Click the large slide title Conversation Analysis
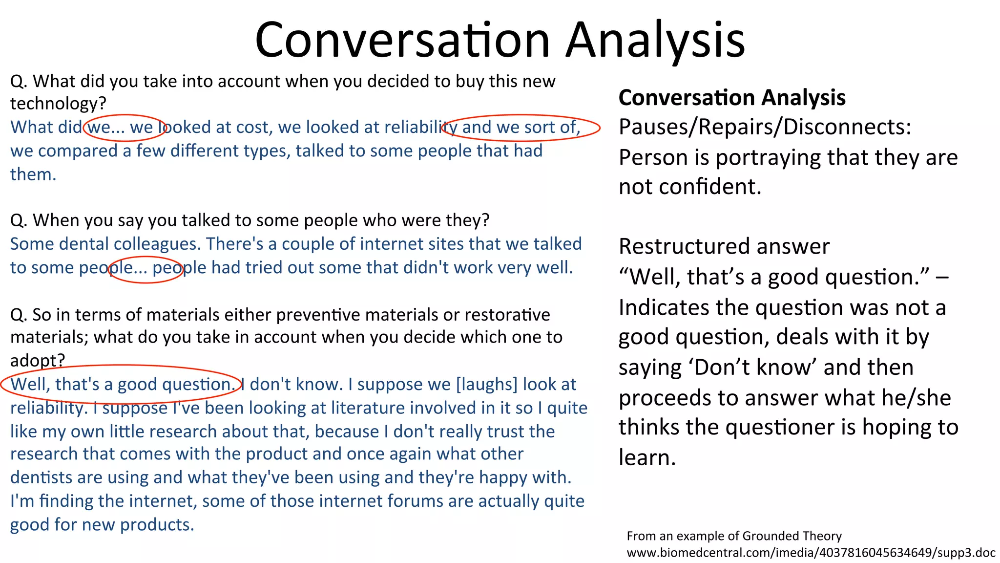(x=500, y=40)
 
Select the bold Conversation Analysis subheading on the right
(x=731, y=98)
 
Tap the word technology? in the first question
(x=58, y=104)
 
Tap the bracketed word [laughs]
(x=486, y=385)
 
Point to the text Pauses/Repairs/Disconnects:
(x=765, y=127)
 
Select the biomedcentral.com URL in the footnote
(x=811, y=553)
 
